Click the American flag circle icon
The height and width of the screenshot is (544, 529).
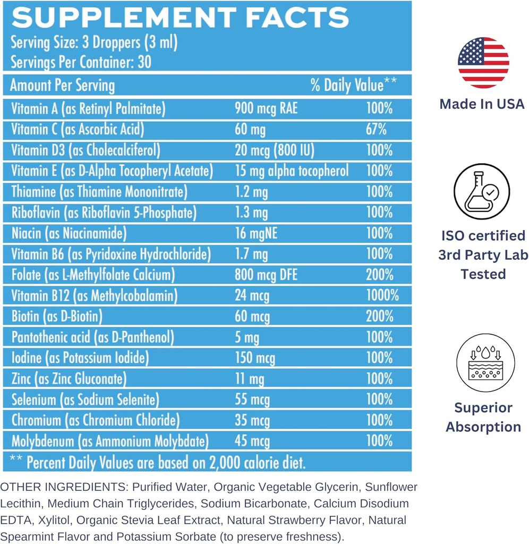(x=483, y=63)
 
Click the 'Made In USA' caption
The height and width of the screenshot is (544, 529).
(x=482, y=104)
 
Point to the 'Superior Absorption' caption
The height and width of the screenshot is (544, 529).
(x=483, y=418)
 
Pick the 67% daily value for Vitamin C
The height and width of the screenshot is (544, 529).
(x=376, y=129)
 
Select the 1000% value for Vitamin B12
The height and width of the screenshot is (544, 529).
(x=382, y=295)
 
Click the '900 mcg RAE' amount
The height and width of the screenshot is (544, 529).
(x=266, y=109)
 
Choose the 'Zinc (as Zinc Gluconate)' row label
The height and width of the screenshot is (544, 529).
(x=69, y=379)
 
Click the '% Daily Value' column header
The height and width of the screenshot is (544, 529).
(x=354, y=85)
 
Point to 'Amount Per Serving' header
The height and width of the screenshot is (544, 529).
(x=62, y=86)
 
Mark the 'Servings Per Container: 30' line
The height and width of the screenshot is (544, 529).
(x=81, y=62)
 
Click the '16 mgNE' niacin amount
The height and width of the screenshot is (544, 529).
(x=257, y=233)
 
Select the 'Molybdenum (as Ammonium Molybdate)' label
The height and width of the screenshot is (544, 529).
(x=110, y=441)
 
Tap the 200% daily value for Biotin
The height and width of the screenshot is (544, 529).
(x=379, y=316)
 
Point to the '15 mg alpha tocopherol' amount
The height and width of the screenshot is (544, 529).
(x=292, y=171)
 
